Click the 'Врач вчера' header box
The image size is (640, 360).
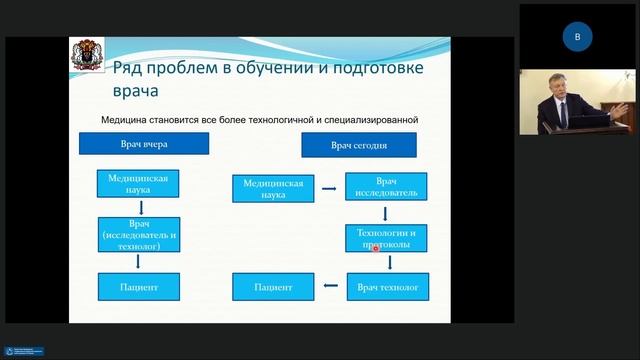tap(144, 144)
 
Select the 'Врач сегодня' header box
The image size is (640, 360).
tap(359, 145)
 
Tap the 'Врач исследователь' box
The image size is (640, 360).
tap(388, 187)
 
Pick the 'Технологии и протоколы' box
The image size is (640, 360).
tap(387, 238)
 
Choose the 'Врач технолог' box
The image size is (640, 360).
tap(388, 288)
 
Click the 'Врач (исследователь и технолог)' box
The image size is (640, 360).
tap(138, 235)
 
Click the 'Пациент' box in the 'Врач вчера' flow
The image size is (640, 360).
tap(138, 287)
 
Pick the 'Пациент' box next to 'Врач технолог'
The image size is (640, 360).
tap(274, 288)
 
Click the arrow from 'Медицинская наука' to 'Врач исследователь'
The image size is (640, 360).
tap(329, 187)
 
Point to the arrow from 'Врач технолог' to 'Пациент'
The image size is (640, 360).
tap(331, 288)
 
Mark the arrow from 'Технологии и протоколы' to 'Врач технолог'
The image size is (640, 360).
tap(387, 263)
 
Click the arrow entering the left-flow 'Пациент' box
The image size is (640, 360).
tap(138, 262)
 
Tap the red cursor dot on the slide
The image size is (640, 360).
tap(376, 247)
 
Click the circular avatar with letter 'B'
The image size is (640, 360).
tap(576, 37)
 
